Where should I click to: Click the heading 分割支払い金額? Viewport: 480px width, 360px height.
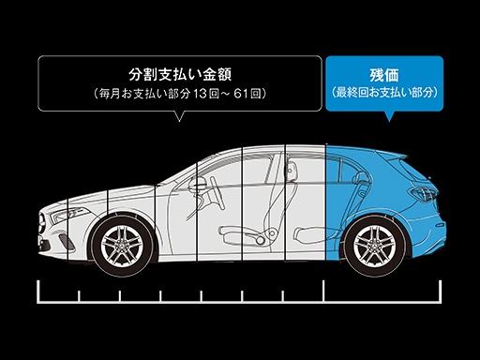[x=174, y=74]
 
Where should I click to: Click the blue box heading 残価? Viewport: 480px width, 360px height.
[x=384, y=74]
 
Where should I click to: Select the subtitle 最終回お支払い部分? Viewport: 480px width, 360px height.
[x=384, y=94]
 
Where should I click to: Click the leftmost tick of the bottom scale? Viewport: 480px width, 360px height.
[x=38, y=292]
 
